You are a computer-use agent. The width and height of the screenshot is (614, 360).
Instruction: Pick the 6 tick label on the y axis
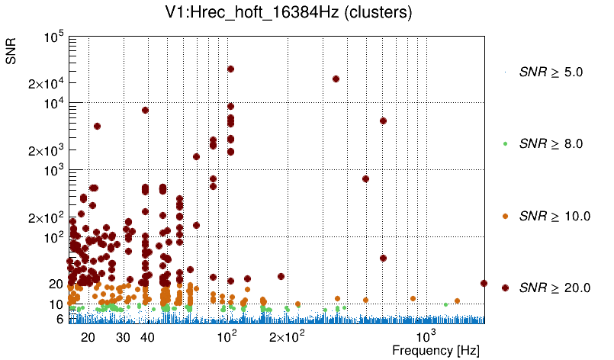click(x=59, y=320)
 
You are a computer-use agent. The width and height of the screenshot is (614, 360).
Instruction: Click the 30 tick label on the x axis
click(x=123, y=337)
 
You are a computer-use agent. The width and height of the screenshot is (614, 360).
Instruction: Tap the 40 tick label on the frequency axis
click(x=147, y=337)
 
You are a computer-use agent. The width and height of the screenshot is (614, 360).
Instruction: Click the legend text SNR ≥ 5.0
click(x=551, y=72)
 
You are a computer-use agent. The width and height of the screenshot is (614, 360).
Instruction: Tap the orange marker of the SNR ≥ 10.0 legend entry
click(x=506, y=216)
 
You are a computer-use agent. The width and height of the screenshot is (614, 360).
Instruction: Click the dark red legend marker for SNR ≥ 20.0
click(x=506, y=288)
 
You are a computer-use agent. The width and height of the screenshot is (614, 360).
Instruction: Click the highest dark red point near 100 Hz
click(x=230, y=69)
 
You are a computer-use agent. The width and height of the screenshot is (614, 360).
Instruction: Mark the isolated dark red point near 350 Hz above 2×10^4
click(x=336, y=79)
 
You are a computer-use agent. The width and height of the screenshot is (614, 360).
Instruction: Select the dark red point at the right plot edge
click(x=484, y=283)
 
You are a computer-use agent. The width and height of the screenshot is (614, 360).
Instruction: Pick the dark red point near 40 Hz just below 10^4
click(x=145, y=110)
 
